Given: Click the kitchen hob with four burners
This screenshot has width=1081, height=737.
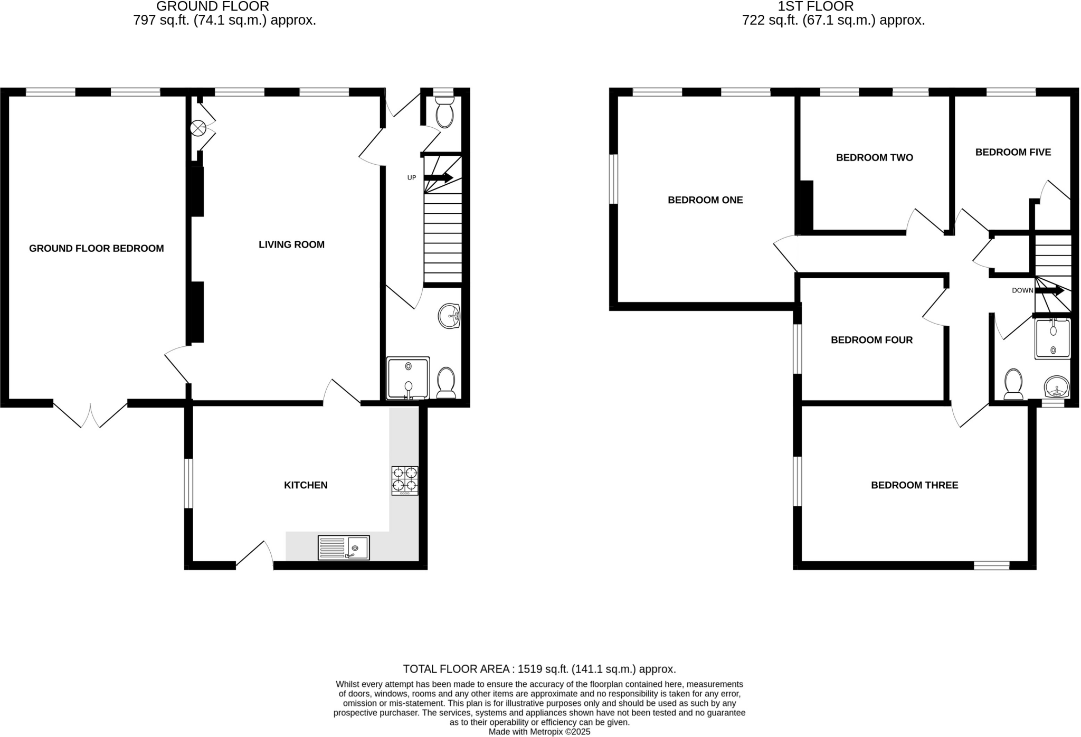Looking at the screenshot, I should click(405, 480).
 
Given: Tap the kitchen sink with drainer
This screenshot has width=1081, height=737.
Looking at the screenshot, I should click(344, 547).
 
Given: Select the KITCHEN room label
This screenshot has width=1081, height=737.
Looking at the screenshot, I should click(306, 485).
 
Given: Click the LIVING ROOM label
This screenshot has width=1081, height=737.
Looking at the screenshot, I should click(291, 244).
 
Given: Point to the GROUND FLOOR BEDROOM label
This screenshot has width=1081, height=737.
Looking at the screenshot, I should click(96, 248).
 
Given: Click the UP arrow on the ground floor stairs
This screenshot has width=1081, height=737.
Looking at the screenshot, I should click(438, 178).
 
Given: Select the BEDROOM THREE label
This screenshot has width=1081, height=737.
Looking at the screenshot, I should click(914, 485).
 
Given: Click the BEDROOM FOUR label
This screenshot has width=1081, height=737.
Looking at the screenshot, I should click(871, 340).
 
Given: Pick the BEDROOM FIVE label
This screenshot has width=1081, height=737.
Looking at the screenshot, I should click(1013, 152).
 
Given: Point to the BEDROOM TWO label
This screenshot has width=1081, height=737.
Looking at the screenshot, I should click(874, 157).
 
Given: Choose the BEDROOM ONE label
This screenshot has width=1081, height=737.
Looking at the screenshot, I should click(705, 200).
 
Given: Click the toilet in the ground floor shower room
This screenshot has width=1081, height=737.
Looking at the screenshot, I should click(447, 382).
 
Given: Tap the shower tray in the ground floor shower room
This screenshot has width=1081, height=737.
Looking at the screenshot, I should click(407, 378).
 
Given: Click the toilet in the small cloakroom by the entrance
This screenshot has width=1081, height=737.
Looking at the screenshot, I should click(444, 112).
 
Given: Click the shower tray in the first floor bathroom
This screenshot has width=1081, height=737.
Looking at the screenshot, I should click(1052, 339).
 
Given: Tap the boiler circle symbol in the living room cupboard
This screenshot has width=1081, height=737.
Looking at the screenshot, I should click(198, 127).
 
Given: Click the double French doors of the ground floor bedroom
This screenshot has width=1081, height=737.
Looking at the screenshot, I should click(90, 415).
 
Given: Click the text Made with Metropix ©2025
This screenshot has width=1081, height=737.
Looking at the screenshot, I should click(539, 732).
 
